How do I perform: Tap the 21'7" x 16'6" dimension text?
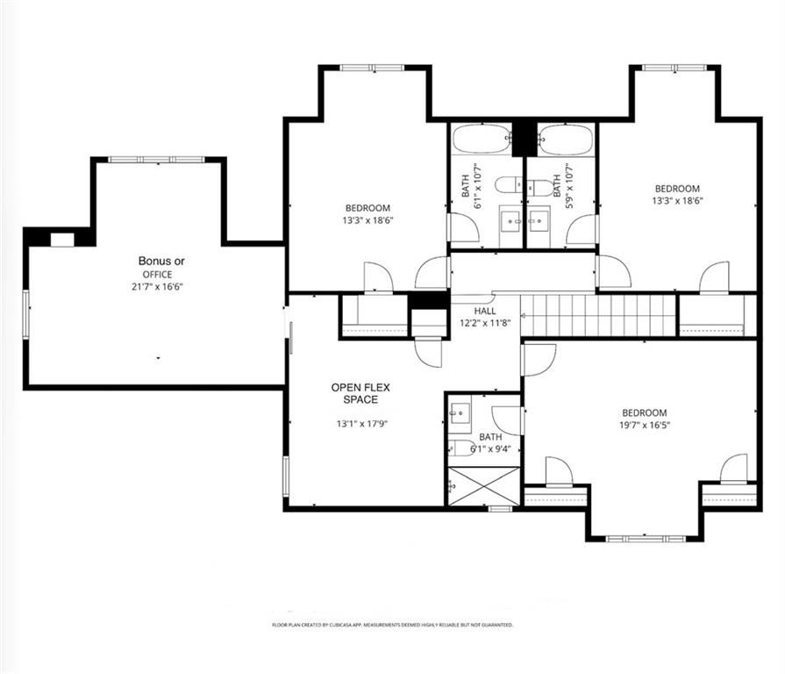point(157,287)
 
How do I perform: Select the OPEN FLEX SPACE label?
point(360,393)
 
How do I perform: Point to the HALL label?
point(485,311)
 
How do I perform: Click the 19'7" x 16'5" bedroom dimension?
point(645,425)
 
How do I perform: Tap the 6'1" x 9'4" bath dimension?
point(490,449)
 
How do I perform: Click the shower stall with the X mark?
point(483,486)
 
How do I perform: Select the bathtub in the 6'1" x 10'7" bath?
point(482,138)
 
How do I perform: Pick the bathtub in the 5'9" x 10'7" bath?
point(566,138)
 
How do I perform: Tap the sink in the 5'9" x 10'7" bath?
point(539,222)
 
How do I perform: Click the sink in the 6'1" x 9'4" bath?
point(459,413)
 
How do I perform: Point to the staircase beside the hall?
point(599,315)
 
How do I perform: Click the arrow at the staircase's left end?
point(524,316)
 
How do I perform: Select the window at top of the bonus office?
point(157,160)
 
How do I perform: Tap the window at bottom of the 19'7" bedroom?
point(646,539)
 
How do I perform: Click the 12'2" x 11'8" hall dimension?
point(485,323)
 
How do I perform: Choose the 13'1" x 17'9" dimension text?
point(362,424)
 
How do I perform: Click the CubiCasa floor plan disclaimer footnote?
point(393,625)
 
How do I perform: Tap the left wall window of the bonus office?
point(26,314)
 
